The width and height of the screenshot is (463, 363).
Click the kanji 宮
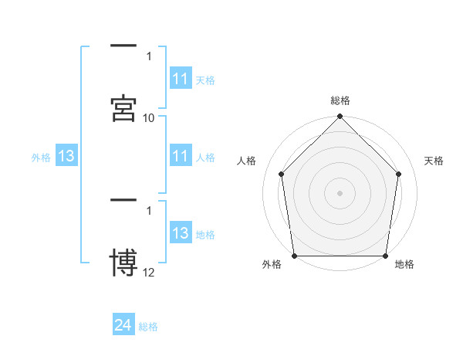(123, 109)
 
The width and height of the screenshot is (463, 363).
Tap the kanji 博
(123, 263)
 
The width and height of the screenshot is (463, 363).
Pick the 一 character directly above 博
(123, 202)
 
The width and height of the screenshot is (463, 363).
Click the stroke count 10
(149, 118)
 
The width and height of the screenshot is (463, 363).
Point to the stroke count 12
(149, 272)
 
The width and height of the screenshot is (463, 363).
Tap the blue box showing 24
(123, 325)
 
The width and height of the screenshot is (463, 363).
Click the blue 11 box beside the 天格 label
(181, 79)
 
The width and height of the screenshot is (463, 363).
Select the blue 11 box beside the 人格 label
(181, 156)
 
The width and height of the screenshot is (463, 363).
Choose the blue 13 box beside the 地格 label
(181, 233)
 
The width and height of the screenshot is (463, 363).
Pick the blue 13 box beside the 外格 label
(66, 156)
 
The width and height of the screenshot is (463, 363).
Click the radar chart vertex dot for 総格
(340, 117)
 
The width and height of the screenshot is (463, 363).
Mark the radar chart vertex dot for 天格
(399, 174)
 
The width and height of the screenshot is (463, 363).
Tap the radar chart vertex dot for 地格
(386, 256)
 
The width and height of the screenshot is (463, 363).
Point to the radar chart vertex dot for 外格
(294, 256)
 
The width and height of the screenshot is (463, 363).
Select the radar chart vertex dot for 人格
(281, 174)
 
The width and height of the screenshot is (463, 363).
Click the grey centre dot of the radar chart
(340, 192)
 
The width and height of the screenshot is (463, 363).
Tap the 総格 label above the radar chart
(340, 100)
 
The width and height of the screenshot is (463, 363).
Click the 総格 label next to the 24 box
(148, 327)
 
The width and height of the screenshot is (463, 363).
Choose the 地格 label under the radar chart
(404, 265)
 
